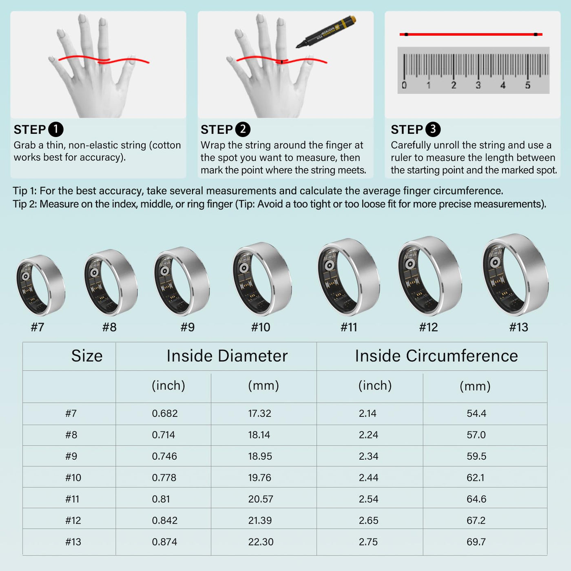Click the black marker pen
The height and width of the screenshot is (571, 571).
pos(326,31)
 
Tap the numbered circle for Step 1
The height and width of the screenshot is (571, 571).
pos(56,129)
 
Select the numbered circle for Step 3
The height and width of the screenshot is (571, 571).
pos(433,129)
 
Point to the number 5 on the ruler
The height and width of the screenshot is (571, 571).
pos(528,85)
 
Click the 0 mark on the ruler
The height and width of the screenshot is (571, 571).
pos(404,85)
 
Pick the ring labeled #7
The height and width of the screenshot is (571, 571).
pos(41,285)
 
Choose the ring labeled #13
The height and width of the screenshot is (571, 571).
pos(516,274)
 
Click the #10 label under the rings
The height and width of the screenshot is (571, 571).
pos(261,327)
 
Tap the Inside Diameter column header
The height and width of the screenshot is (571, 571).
pos(227,356)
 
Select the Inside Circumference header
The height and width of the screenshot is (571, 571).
pos(436,356)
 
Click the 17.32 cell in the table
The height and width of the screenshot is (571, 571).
pos(259,413)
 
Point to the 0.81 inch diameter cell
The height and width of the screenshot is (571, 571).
pos(161,499)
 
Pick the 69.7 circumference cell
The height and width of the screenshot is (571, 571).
pos(476,542)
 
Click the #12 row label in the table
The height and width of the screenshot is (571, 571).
pos(73,520)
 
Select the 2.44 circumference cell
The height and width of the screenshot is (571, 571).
pos(368,478)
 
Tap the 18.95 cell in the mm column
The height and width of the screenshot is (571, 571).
pos(260,456)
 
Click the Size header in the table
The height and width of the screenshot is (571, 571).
pos(87,356)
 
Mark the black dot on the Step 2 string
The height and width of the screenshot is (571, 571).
pos(282,62)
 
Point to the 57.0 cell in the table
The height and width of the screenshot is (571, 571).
pos(476,435)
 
